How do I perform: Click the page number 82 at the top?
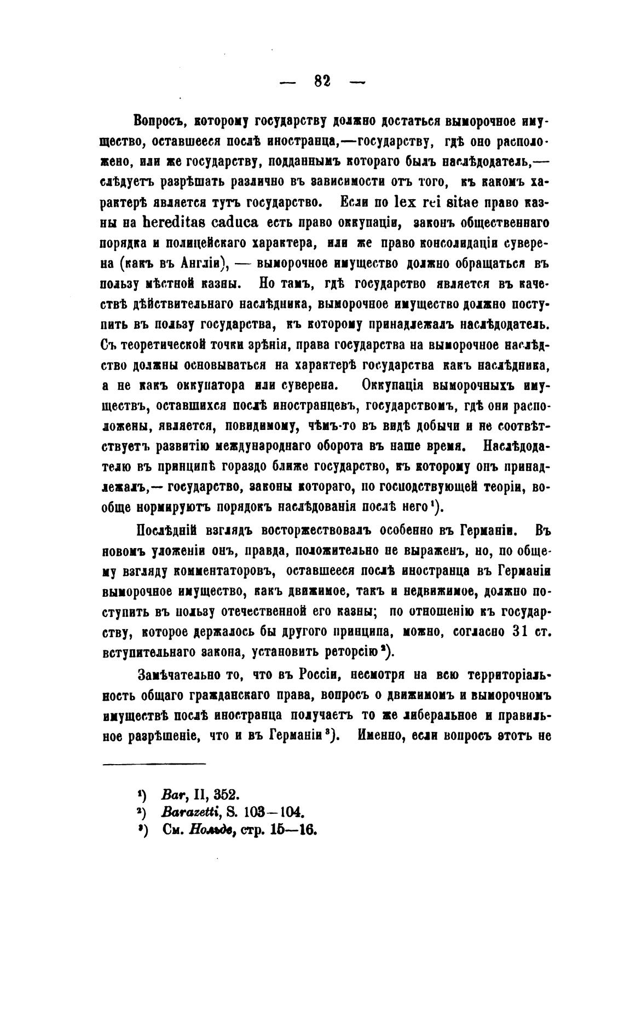(322, 80)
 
